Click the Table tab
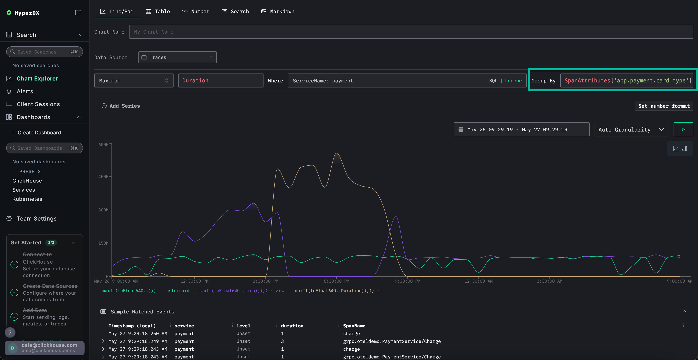coord(158,11)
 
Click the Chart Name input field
coord(411,32)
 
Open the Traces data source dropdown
coord(177,57)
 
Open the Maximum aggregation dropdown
coord(134,80)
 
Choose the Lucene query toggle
coord(513,80)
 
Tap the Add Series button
coord(121,106)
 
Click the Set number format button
coord(664,106)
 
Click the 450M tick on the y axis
coord(103,177)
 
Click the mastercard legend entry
coord(176,291)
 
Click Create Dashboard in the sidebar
coord(39,132)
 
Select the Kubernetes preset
coord(27,199)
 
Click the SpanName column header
coord(354,326)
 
